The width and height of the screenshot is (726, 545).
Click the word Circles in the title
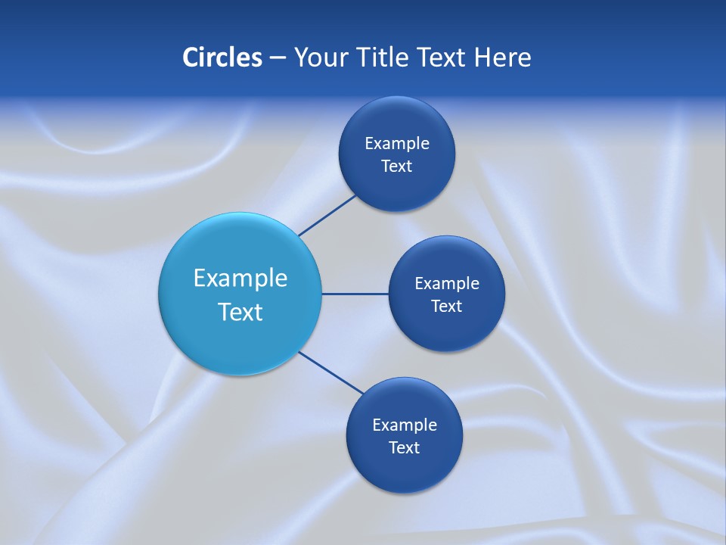(222, 57)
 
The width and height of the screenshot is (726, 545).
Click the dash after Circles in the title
(278, 58)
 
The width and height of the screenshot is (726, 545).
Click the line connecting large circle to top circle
(327, 215)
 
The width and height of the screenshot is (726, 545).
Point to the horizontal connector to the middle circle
(355, 294)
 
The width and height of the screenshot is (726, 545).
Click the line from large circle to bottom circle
(330, 372)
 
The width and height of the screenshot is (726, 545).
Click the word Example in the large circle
(240, 279)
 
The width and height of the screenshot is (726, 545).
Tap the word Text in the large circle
(240, 312)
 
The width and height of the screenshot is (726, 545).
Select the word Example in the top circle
(397, 144)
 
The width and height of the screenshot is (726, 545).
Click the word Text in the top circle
(397, 167)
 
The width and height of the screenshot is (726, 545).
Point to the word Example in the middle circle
(447, 284)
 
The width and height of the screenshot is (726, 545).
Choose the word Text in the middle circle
(447, 307)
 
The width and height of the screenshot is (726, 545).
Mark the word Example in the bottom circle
(405, 425)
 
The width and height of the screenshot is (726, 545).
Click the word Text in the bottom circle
(405, 448)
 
